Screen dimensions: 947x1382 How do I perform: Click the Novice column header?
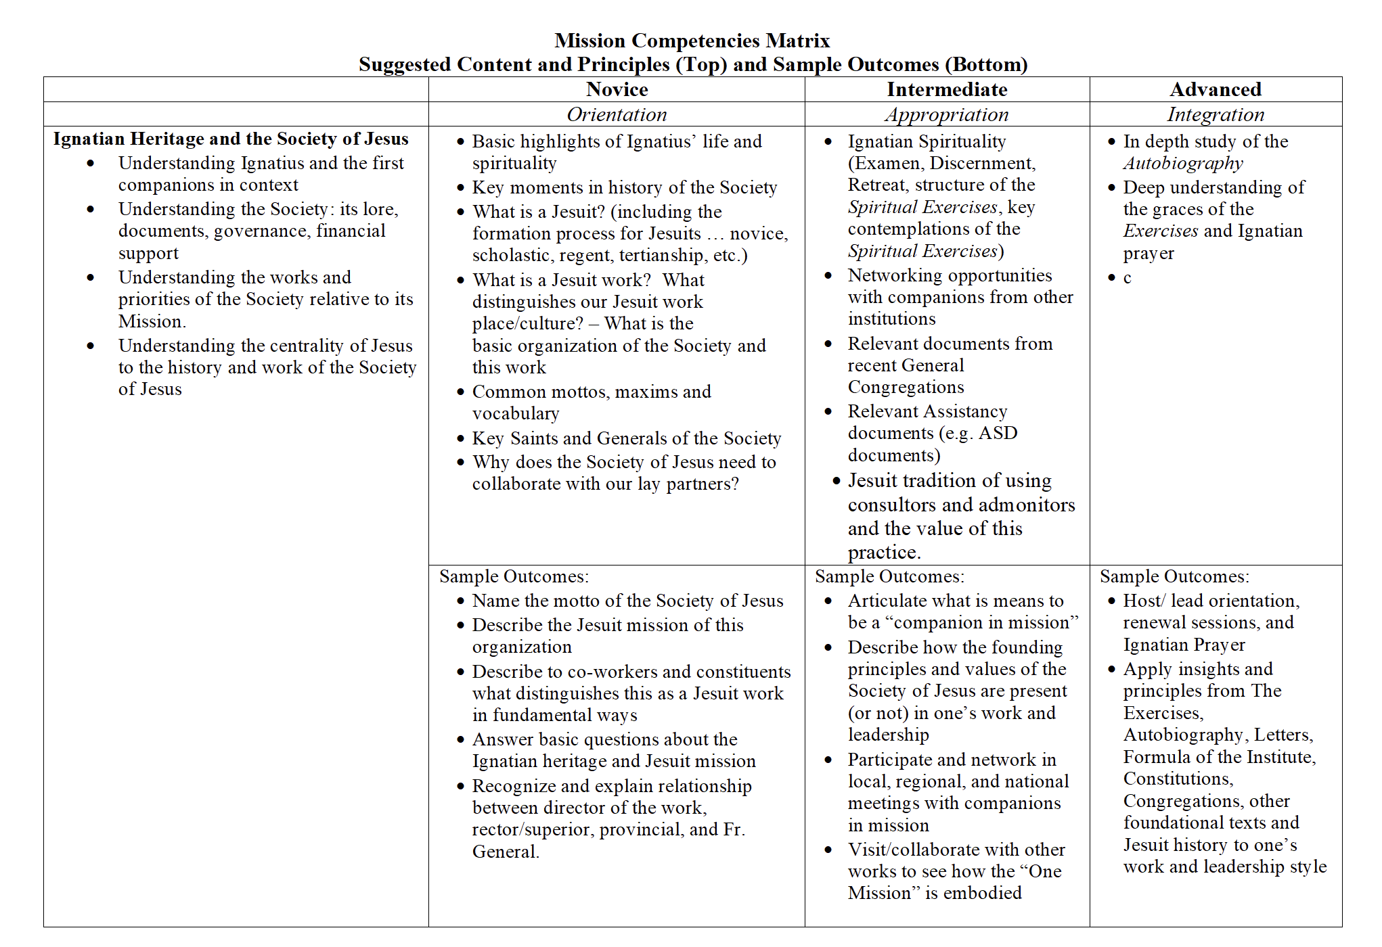617,89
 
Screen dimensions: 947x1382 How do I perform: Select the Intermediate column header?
947,89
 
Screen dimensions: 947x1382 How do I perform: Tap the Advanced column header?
1216,89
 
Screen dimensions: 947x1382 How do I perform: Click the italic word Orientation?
617,114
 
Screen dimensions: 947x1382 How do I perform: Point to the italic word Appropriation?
947,114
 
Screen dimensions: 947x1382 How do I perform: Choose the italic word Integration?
1216,114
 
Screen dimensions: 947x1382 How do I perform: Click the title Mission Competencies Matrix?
692,41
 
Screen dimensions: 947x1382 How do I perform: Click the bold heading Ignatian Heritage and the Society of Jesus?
231,139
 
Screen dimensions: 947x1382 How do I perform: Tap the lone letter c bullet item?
1127,277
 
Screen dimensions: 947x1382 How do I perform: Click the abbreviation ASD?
998,433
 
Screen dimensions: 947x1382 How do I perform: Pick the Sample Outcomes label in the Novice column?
514,576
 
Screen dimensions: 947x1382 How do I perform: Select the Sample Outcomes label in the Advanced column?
1174,576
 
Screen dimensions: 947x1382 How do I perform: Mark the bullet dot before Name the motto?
460,601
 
